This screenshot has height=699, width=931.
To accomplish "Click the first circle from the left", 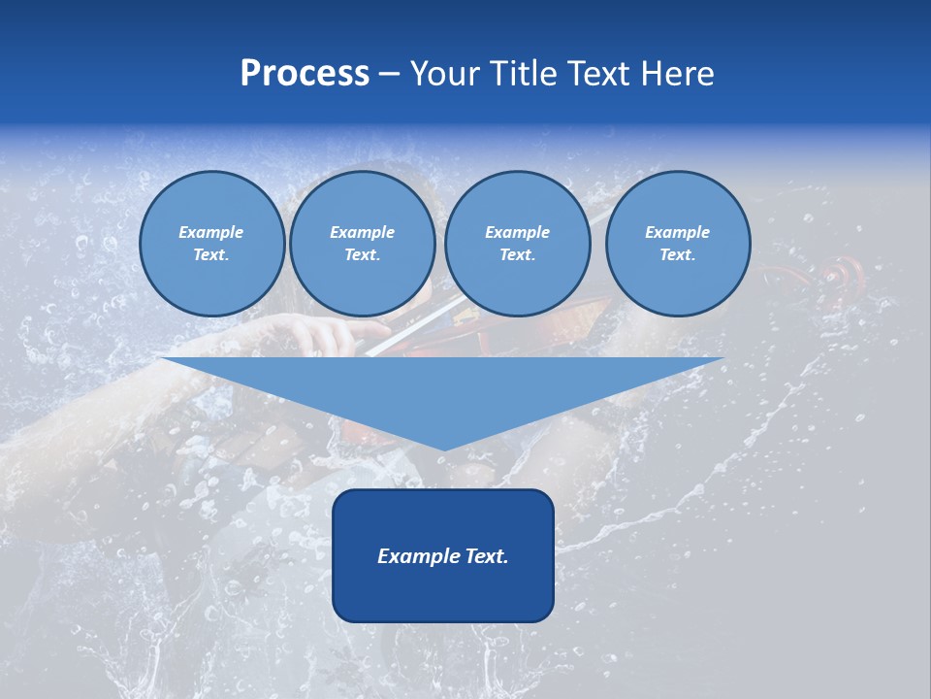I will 211,244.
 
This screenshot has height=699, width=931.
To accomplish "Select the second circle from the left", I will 362,244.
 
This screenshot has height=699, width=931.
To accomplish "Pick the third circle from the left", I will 517,244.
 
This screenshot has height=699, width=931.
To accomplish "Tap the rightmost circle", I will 678,244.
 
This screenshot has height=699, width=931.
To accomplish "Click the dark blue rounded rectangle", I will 443,555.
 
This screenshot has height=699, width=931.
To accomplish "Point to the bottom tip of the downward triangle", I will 444,449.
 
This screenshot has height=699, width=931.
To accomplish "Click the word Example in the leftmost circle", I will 211,232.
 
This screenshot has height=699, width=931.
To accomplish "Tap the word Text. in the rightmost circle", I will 678,255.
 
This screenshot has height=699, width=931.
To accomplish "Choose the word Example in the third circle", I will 517,232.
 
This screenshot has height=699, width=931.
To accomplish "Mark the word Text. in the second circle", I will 362,255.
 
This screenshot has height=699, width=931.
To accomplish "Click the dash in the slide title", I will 389,75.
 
